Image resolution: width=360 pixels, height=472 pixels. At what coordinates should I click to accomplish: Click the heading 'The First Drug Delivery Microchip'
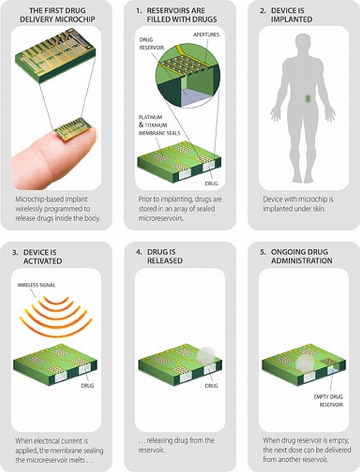point(57,15)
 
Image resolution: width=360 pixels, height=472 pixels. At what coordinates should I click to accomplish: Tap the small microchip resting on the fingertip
point(73,129)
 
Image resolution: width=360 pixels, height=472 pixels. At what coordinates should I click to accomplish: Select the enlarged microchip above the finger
point(56,56)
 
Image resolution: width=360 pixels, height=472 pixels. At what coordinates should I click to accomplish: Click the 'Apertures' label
point(206,35)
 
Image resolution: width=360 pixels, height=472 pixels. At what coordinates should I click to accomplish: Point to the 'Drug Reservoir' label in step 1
point(151,44)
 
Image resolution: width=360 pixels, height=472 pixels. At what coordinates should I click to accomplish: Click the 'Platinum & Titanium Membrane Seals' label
point(159,125)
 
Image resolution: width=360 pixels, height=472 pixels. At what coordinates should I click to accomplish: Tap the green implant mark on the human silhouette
point(308,99)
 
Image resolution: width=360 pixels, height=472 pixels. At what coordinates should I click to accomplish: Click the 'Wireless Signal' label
point(36,285)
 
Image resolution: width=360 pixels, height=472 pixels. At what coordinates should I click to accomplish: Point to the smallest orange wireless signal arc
point(56,300)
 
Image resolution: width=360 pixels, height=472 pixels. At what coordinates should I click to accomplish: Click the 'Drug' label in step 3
point(87,385)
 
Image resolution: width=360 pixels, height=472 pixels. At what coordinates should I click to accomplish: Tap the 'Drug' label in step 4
point(211,386)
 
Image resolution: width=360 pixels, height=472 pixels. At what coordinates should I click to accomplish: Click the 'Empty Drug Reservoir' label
point(328,401)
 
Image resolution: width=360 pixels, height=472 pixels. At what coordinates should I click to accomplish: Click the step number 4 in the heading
point(138,252)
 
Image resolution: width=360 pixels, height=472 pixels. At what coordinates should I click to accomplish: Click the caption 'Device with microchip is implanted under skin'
point(298,204)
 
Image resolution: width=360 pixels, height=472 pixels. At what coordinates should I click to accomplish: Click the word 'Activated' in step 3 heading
point(43,261)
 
